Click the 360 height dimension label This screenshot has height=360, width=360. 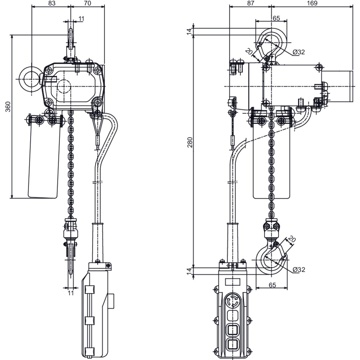[x=8, y=107]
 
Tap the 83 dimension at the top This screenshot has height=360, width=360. [x=51, y=3]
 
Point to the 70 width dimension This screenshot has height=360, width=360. [x=87, y=3]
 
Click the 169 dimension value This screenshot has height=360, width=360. [x=312, y=3]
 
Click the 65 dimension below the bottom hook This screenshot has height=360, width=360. [x=272, y=285]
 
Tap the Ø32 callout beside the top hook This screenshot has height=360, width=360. [x=298, y=52]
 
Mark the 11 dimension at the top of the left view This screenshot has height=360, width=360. [x=81, y=18]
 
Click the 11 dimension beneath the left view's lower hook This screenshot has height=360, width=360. [x=71, y=293]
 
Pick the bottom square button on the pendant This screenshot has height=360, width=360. [x=234, y=343]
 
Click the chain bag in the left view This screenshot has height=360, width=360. [x=44, y=158]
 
